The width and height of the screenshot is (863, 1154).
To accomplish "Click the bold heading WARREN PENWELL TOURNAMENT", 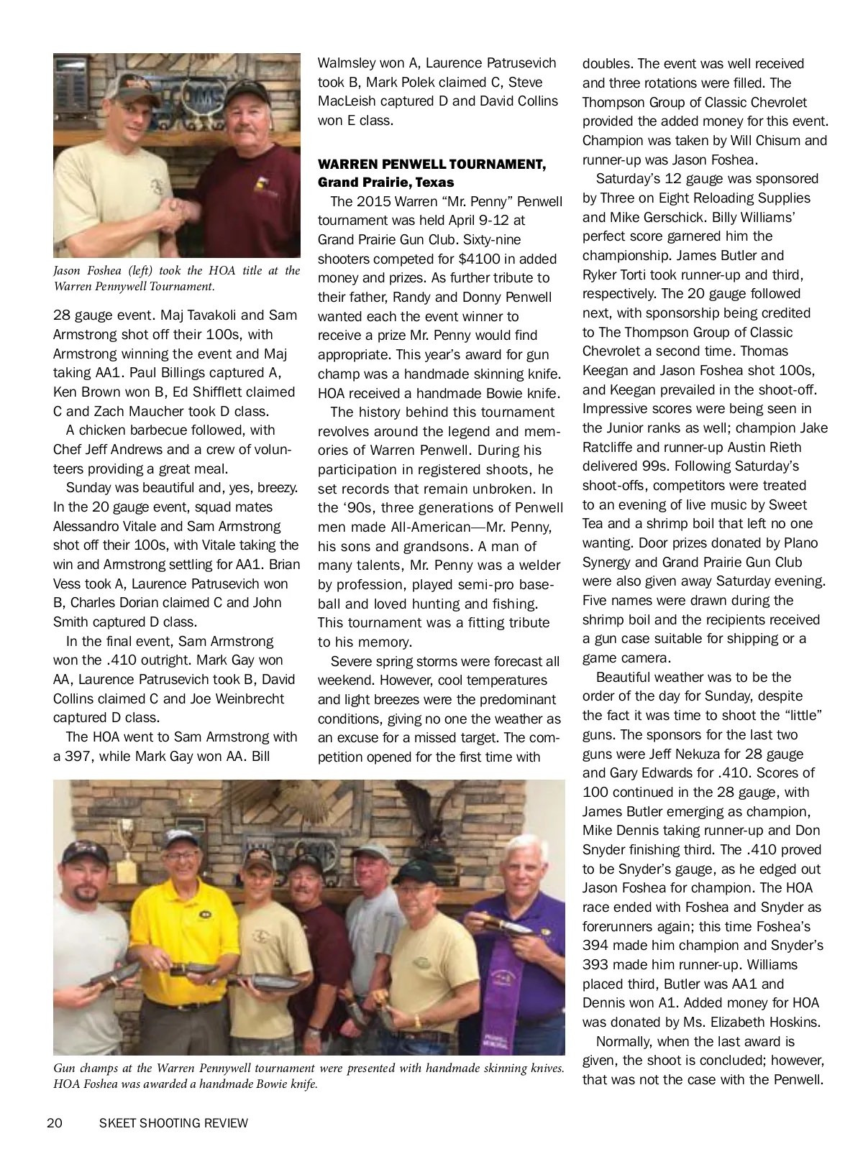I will [x=431, y=165].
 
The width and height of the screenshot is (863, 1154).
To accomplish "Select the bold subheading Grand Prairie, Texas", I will [x=385, y=183].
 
